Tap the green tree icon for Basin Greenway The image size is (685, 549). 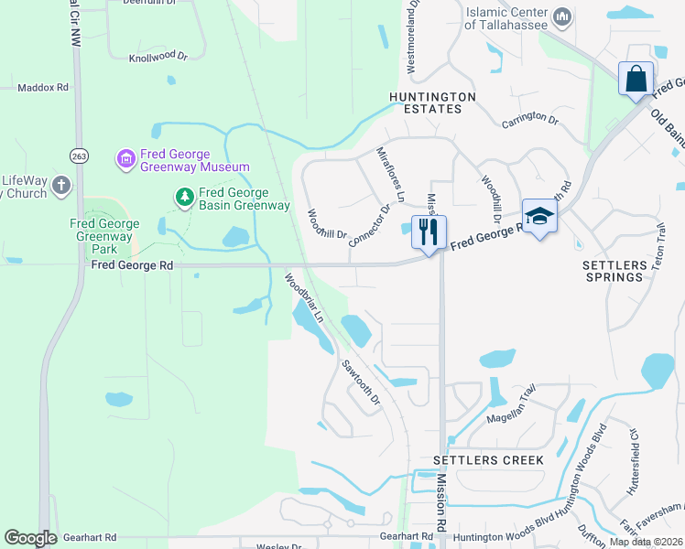[185, 197]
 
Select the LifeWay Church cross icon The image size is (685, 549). [61, 186]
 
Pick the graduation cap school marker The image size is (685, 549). [539, 217]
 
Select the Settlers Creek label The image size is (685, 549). [488, 459]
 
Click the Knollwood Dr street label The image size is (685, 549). [158, 57]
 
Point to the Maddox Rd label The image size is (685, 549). [43, 88]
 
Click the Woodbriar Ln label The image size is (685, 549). [304, 297]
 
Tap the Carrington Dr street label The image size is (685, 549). [529, 119]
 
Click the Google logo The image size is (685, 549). [30, 538]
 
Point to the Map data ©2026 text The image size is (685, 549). [645, 542]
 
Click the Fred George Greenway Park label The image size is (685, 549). [105, 236]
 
